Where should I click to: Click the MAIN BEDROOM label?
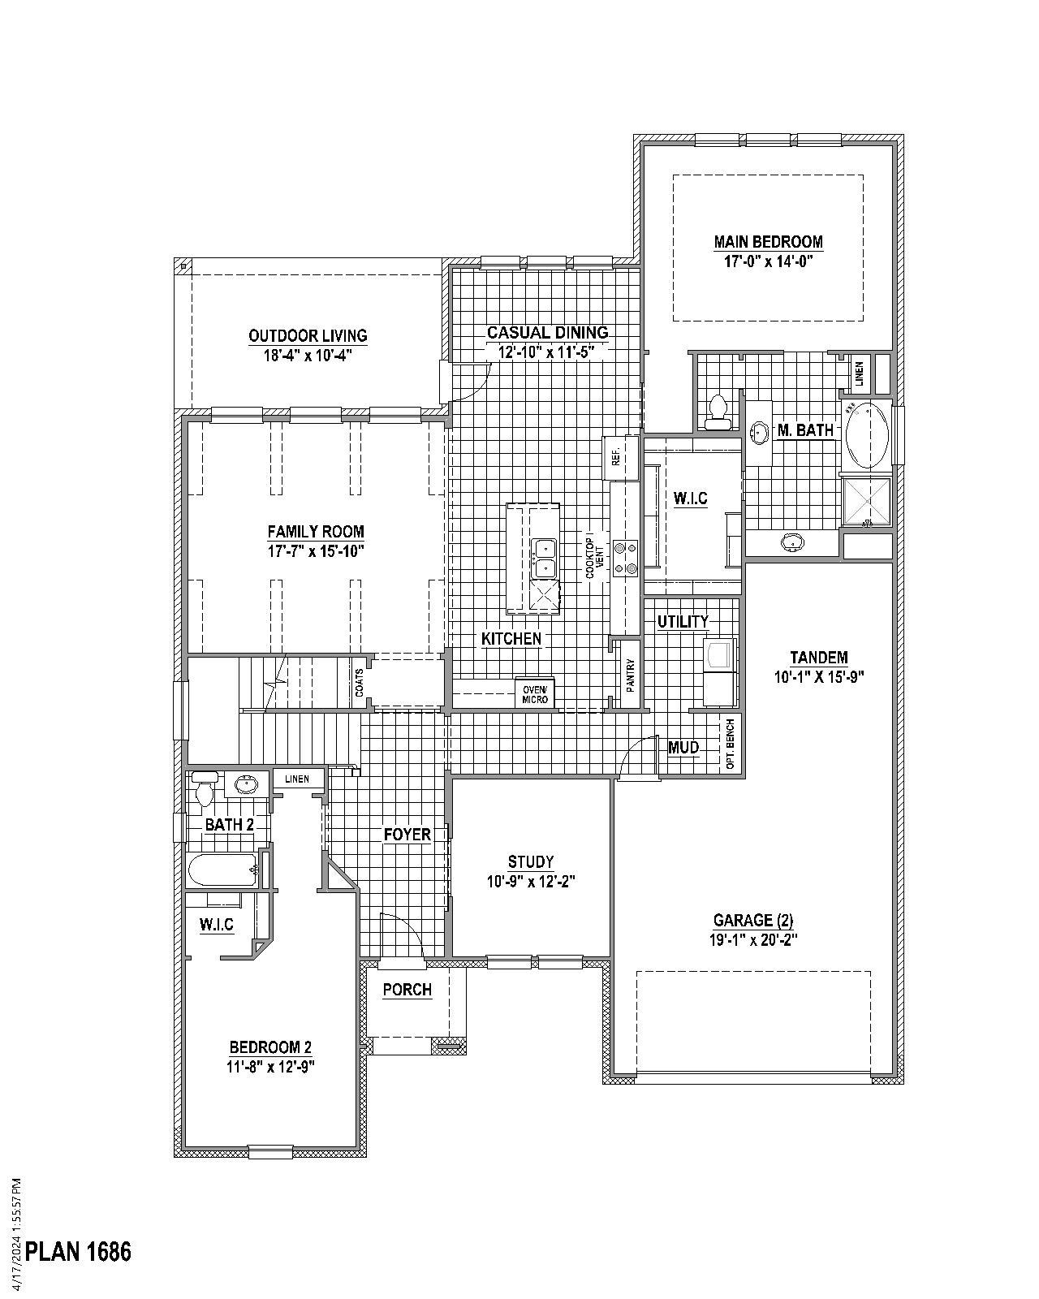coord(768,242)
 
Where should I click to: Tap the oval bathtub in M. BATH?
coord(867,434)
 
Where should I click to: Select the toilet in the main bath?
coord(718,412)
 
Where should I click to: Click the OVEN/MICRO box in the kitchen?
coord(535,693)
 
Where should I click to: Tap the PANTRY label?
coord(630,674)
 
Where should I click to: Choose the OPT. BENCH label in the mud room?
coord(731,744)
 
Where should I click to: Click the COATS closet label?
coord(359,683)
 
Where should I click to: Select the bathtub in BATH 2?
coord(222,870)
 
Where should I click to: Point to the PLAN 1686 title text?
coord(78,1251)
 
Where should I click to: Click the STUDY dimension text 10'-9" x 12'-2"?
coord(531,882)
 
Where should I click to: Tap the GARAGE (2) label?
coord(752,920)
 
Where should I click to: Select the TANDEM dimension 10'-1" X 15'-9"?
coord(819,677)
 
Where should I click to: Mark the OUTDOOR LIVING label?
coord(308,335)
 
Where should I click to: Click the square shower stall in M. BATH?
coord(866,502)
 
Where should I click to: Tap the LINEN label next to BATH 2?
coord(296,779)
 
